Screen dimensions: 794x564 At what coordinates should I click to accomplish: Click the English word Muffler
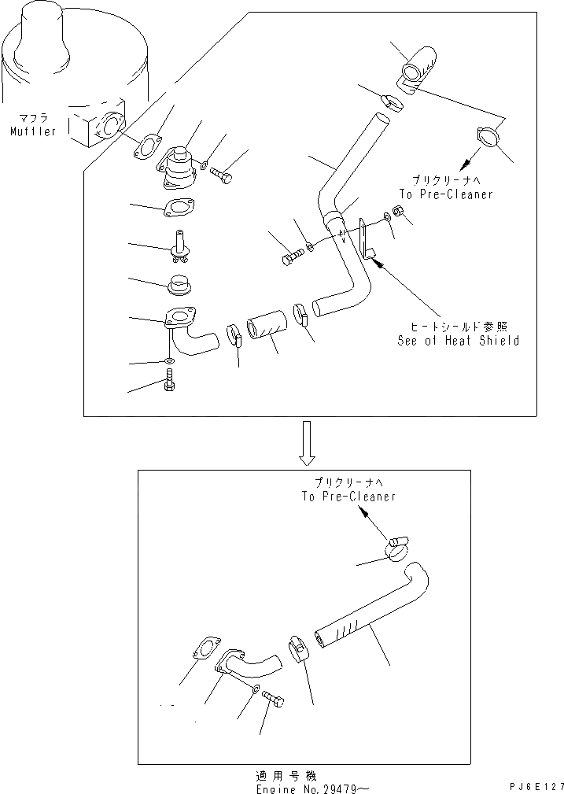point(33,131)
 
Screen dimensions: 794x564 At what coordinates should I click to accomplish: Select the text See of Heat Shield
point(459,341)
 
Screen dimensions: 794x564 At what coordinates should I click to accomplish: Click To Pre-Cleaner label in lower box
point(348,497)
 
